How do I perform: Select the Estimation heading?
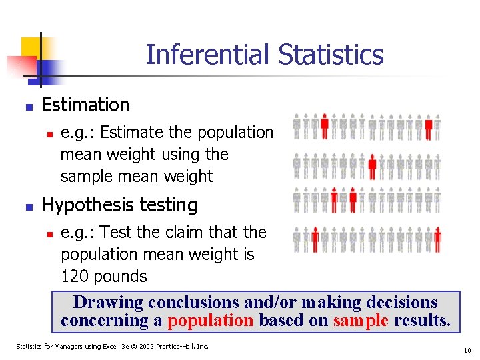(85, 105)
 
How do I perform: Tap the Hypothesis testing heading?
(119, 205)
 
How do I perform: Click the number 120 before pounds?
(75, 276)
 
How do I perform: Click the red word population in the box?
(210, 321)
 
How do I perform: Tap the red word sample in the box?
(361, 321)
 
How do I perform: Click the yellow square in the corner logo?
(31, 48)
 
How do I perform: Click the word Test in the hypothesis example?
(114, 232)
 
